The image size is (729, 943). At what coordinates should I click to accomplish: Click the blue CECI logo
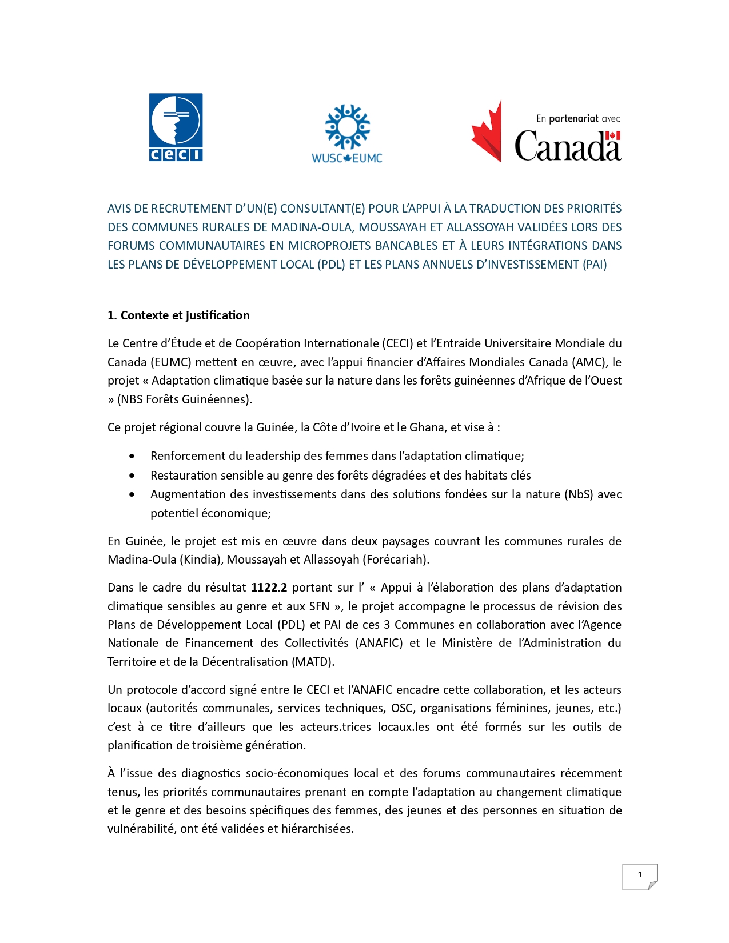click(x=176, y=127)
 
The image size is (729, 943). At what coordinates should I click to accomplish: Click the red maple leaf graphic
click(x=487, y=132)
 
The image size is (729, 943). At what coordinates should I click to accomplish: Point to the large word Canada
click(x=567, y=146)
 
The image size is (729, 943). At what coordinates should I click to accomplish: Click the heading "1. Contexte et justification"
click(x=178, y=315)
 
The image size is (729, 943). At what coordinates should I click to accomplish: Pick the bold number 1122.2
click(x=269, y=588)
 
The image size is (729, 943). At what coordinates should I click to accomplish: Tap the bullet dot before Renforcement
click(x=132, y=456)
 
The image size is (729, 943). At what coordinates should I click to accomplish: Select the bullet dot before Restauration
click(x=132, y=476)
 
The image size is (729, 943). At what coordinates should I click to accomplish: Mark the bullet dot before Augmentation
click(x=132, y=494)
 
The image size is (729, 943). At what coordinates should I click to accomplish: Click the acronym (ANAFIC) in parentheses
click(x=379, y=643)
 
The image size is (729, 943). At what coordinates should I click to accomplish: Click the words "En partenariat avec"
click(x=578, y=119)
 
